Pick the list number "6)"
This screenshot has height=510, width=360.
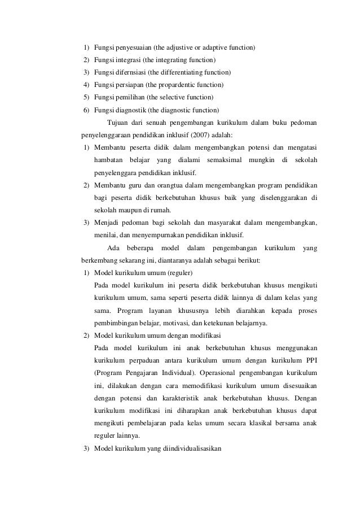click(x=86, y=110)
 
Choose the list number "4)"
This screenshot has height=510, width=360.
click(x=86, y=85)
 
